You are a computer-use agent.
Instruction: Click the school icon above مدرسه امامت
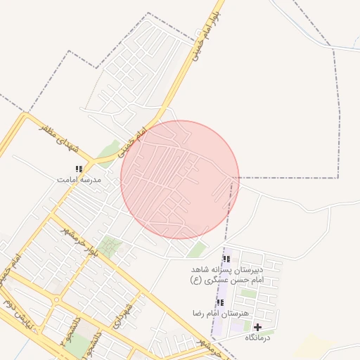(x=79, y=169)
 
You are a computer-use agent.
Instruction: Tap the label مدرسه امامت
(x=79, y=180)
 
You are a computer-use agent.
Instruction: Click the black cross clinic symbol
(x=257, y=327)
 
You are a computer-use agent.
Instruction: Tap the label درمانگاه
(x=258, y=338)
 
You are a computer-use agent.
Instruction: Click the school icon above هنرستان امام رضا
(x=220, y=302)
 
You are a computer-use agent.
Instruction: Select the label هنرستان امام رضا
(x=220, y=313)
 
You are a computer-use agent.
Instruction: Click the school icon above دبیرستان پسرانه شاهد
(x=226, y=259)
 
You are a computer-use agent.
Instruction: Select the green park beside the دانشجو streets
(x=79, y=345)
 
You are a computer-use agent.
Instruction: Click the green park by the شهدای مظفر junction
(x=108, y=149)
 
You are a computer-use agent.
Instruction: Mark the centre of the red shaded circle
(x=180, y=179)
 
